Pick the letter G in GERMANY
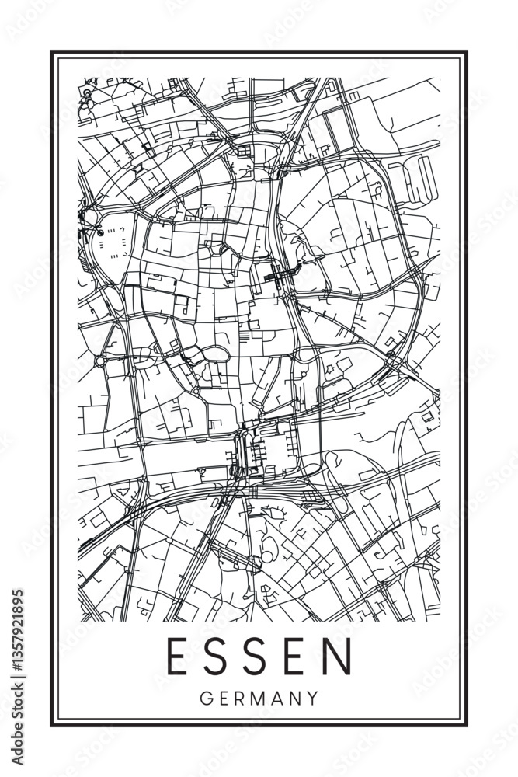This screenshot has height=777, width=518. pos(205,698)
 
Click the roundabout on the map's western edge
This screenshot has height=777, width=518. pos(100,361)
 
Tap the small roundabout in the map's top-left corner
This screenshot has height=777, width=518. pos(87,93)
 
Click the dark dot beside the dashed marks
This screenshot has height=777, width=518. pos(100,232)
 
